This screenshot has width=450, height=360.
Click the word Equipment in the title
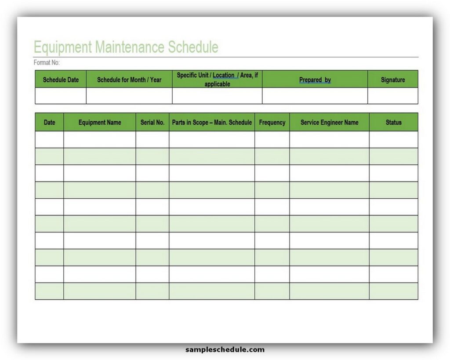pos(63,47)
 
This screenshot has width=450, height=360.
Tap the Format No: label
pos(47,63)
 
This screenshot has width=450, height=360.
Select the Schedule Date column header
pos(61,80)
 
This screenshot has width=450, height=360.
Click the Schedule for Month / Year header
pos(129,80)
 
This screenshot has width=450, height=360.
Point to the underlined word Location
pos(224,75)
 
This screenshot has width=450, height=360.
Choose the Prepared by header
pos(315,80)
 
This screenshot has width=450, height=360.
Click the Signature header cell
pos(392,80)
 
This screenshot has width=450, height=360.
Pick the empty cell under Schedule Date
pos(61,96)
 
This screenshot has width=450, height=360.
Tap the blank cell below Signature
pos(392,96)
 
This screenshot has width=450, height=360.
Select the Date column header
pos(50,122)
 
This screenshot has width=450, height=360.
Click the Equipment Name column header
pos(100,122)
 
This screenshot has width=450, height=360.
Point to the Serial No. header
pos(152,122)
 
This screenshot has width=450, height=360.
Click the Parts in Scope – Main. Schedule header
pos(212,122)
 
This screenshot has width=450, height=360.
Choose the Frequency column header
pos(272,122)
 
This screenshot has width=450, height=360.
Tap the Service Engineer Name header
pos(329,122)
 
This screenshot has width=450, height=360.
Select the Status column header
pos(393,122)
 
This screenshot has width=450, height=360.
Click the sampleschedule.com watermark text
pos(225,350)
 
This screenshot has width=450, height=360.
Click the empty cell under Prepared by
pos(315,96)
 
